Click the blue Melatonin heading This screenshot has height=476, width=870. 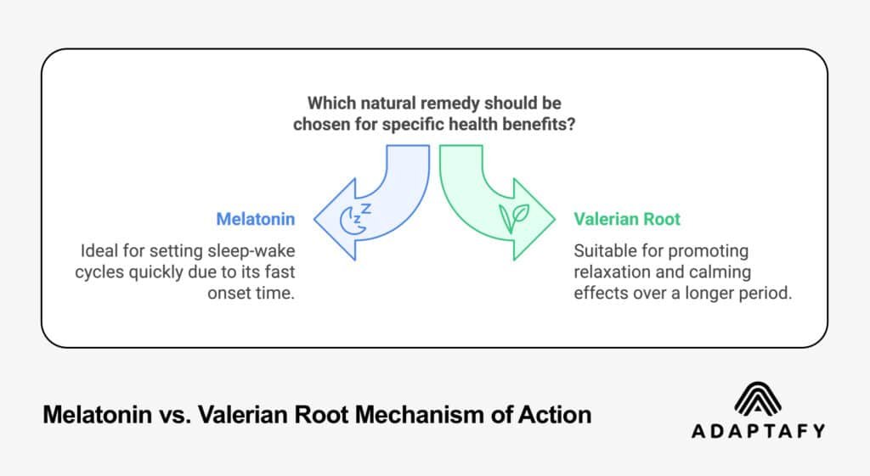point(256,219)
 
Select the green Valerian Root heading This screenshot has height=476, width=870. point(627,219)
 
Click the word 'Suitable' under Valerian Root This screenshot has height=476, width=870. point(603,252)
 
